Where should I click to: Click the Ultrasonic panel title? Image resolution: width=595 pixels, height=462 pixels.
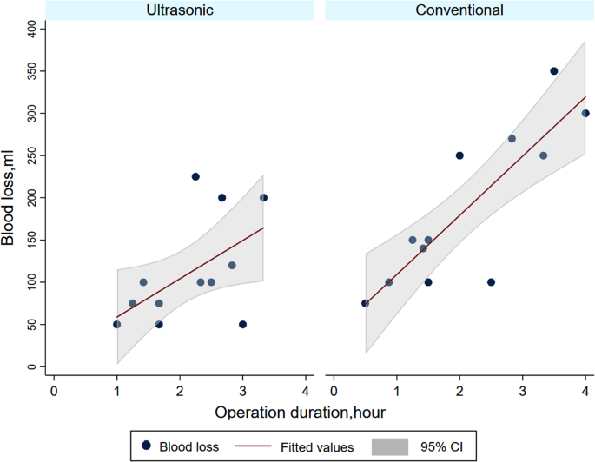click(x=179, y=10)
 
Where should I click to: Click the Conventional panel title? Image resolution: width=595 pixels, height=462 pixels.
click(x=458, y=10)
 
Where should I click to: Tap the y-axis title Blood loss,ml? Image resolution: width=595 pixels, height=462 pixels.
click(x=10, y=197)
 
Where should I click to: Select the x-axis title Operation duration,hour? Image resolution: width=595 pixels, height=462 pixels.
click(x=300, y=411)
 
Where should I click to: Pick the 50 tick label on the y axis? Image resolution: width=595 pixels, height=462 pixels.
click(x=34, y=325)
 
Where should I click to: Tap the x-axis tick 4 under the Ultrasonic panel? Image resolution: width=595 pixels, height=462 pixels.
click(x=306, y=389)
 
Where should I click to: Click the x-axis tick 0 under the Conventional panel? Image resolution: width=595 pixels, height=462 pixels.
click(x=334, y=389)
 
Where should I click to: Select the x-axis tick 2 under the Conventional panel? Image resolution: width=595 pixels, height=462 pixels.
click(x=459, y=389)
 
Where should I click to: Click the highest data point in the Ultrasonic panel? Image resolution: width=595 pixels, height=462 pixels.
click(x=195, y=176)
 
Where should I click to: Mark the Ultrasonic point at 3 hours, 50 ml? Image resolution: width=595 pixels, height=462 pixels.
click(x=242, y=325)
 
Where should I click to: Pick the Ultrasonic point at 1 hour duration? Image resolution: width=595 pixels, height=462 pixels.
click(x=116, y=325)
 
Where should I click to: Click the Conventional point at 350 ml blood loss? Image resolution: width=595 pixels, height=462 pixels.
click(x=554, y=71)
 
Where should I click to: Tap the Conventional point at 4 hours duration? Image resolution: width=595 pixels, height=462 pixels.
click(x=585, y=113)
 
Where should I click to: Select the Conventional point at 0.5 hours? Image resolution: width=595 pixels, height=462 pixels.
click(x=365, y=303)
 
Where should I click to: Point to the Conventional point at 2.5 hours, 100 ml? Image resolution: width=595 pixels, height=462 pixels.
click(x=491, y=282)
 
